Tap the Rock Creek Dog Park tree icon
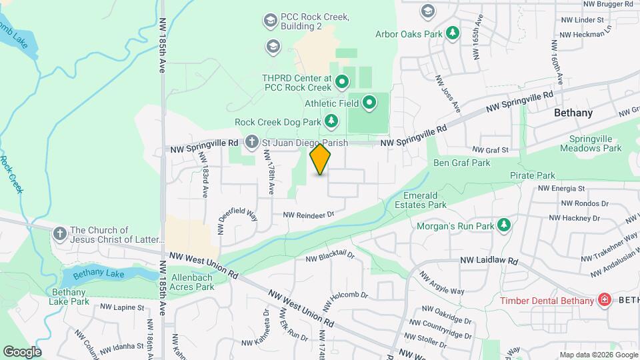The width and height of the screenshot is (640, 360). [331, 121]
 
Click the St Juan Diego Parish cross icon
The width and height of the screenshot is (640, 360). [251, 141]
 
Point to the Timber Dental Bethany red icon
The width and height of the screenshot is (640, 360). [605, 300]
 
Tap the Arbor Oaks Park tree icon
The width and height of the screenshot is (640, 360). [453, 33]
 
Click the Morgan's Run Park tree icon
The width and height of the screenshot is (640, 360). [504, 226]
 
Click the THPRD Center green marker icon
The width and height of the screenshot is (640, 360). [342, 83]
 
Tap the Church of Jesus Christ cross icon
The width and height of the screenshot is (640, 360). [60, 233]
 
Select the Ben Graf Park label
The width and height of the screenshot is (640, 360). [461, 163]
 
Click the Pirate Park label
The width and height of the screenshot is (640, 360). [533, 175]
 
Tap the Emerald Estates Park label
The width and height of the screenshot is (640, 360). [425, 200]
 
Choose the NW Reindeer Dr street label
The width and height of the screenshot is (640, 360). [307, 215]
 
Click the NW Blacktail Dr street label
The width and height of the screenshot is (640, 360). [330, 257]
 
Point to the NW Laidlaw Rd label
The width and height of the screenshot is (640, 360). [489, 261]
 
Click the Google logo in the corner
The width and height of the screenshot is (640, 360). [22, 351]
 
